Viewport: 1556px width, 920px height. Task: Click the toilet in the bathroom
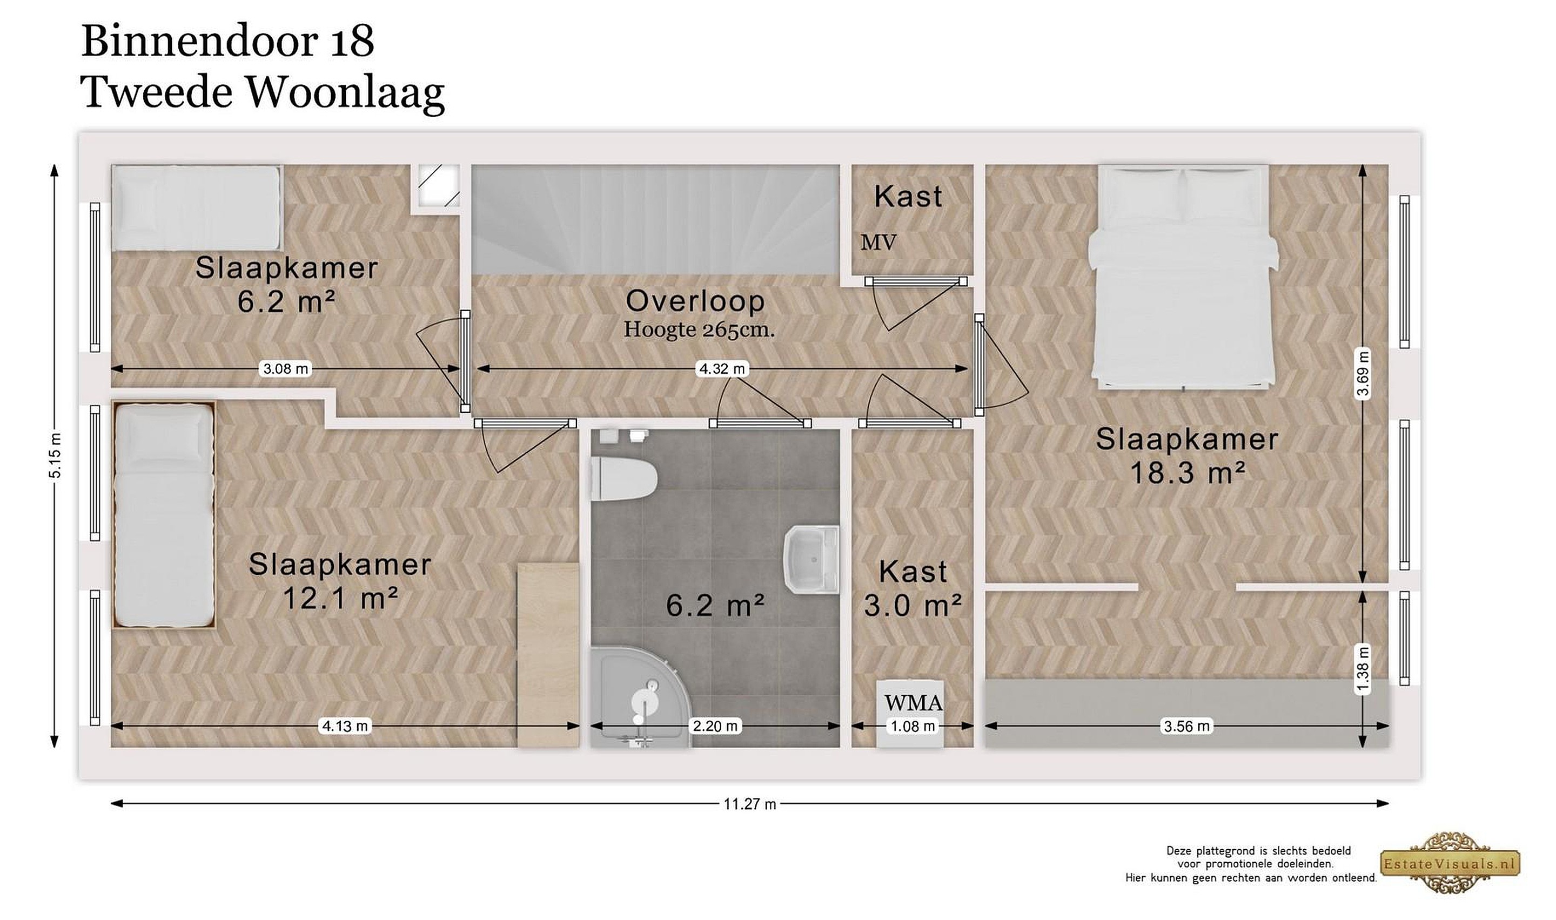click(623, 479)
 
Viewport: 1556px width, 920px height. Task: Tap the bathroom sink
click(812, 559)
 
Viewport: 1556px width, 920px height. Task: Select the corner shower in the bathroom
click(639, 697)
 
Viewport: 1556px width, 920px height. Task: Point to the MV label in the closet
click(878, 243)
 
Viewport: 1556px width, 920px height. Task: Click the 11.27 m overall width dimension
click(749, 804)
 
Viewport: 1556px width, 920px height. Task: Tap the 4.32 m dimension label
click(722, 369)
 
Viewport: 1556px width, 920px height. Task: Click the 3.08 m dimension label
click(286, 369)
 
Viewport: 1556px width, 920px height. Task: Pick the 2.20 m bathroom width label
click(715, 726)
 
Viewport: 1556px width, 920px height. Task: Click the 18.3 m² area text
click(1187, 473)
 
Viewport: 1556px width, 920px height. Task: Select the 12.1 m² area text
click(340, 598)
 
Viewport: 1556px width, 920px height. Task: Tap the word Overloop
click(695, 301)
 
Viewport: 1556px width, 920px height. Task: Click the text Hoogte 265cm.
click(699, 329)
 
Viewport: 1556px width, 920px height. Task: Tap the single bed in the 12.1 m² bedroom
click(164, 514)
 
